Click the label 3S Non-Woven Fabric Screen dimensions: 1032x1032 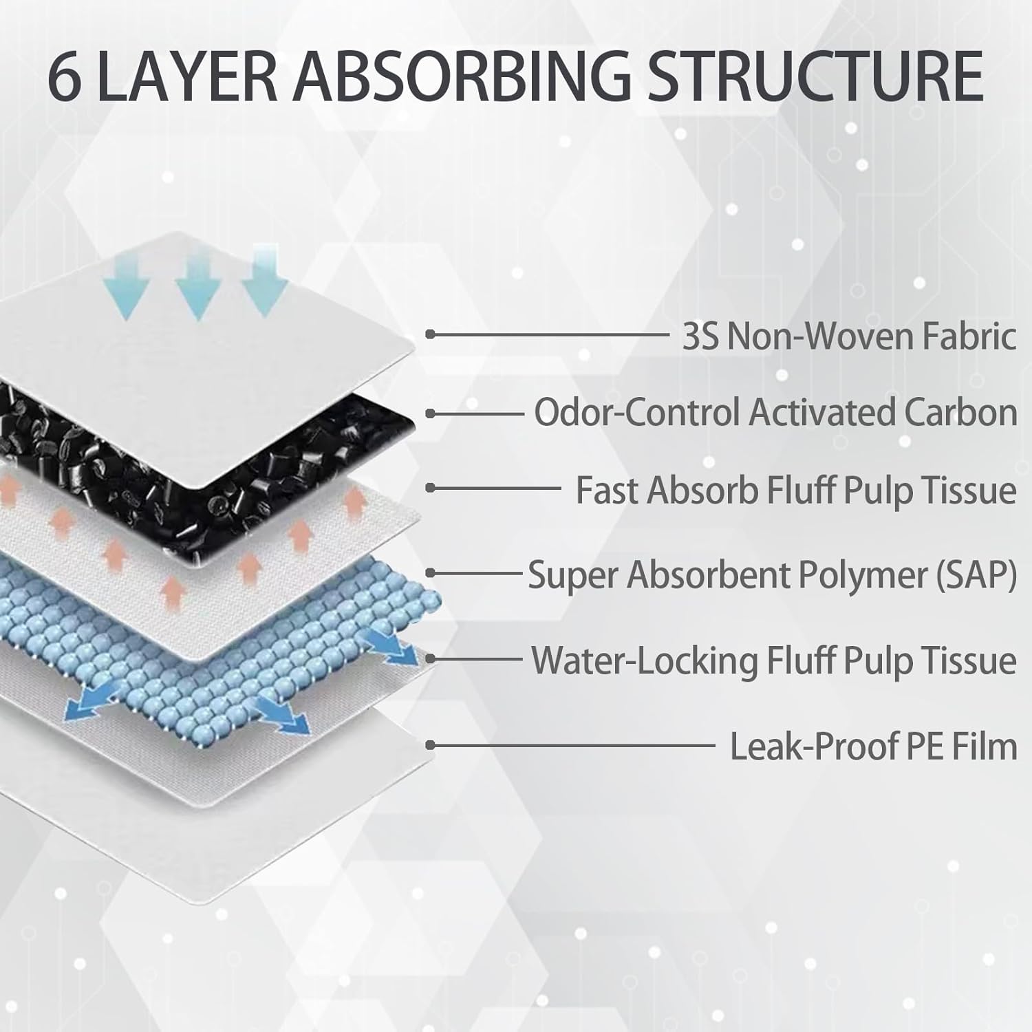[849, 336]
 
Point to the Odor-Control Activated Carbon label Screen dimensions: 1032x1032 [776, 413]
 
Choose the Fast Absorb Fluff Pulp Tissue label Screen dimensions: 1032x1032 [796, 491]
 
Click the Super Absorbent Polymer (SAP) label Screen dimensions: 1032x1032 [772, 575]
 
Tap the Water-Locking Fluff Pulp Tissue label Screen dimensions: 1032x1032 [774, 660]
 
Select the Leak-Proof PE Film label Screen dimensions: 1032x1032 [873, 746]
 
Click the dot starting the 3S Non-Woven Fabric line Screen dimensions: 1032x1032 [430, 334]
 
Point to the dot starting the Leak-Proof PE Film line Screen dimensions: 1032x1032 [430, 745]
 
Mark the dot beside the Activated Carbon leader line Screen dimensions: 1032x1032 [430, 413]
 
